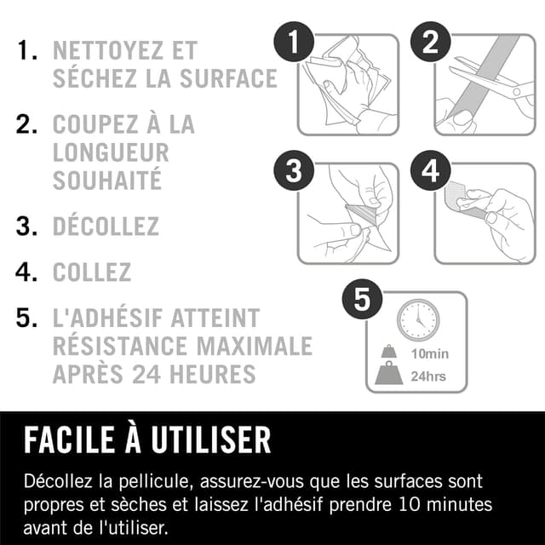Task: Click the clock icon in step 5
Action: click(x=417, y=319)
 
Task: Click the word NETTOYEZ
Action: click(x=124, y=49)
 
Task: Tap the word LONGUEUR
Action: click(x=111, y=152)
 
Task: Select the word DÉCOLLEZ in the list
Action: click(x=106, y=227)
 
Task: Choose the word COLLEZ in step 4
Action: click(x=92, y=272)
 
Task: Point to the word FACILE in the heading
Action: click(x=72, y=440)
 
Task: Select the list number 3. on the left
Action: click(x=26, y=227)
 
